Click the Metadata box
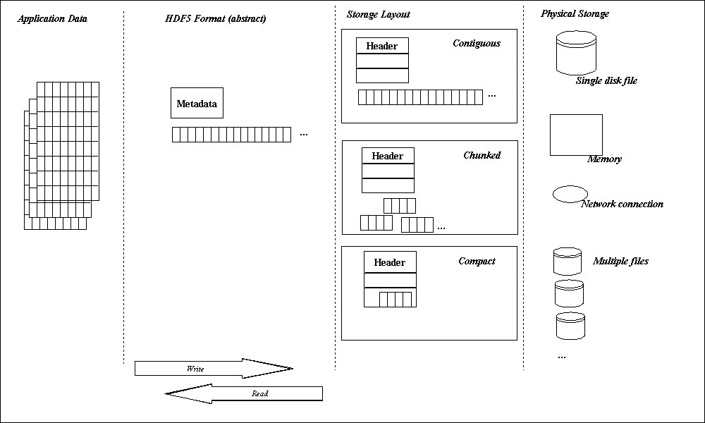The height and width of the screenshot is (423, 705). (x=197, y=103)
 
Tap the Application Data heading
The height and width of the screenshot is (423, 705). (x=52, y=18)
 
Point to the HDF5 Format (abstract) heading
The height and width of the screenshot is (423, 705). (x=216, y=18)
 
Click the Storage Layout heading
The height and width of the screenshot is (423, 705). (x=378, y=15)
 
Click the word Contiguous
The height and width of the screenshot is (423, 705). (x=477, y=44)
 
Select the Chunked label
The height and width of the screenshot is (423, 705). (x=482, y=155)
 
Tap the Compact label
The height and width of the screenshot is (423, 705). (x=477, y=261)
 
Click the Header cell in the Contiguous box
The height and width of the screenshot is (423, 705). (x=382, y=46)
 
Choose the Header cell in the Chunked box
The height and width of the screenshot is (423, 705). (x=388, y=156)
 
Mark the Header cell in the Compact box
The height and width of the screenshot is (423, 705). (x=390, y=262)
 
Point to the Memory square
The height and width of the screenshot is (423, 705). (x=576, y=135)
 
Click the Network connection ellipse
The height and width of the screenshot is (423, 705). (x=570, y=194)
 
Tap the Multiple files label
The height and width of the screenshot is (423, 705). (x=620, y=261)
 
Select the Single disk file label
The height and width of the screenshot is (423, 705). (x=606, y=80)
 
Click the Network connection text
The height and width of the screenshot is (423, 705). (x=622, y=204)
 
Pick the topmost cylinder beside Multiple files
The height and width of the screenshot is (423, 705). (x=568, y=261)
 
